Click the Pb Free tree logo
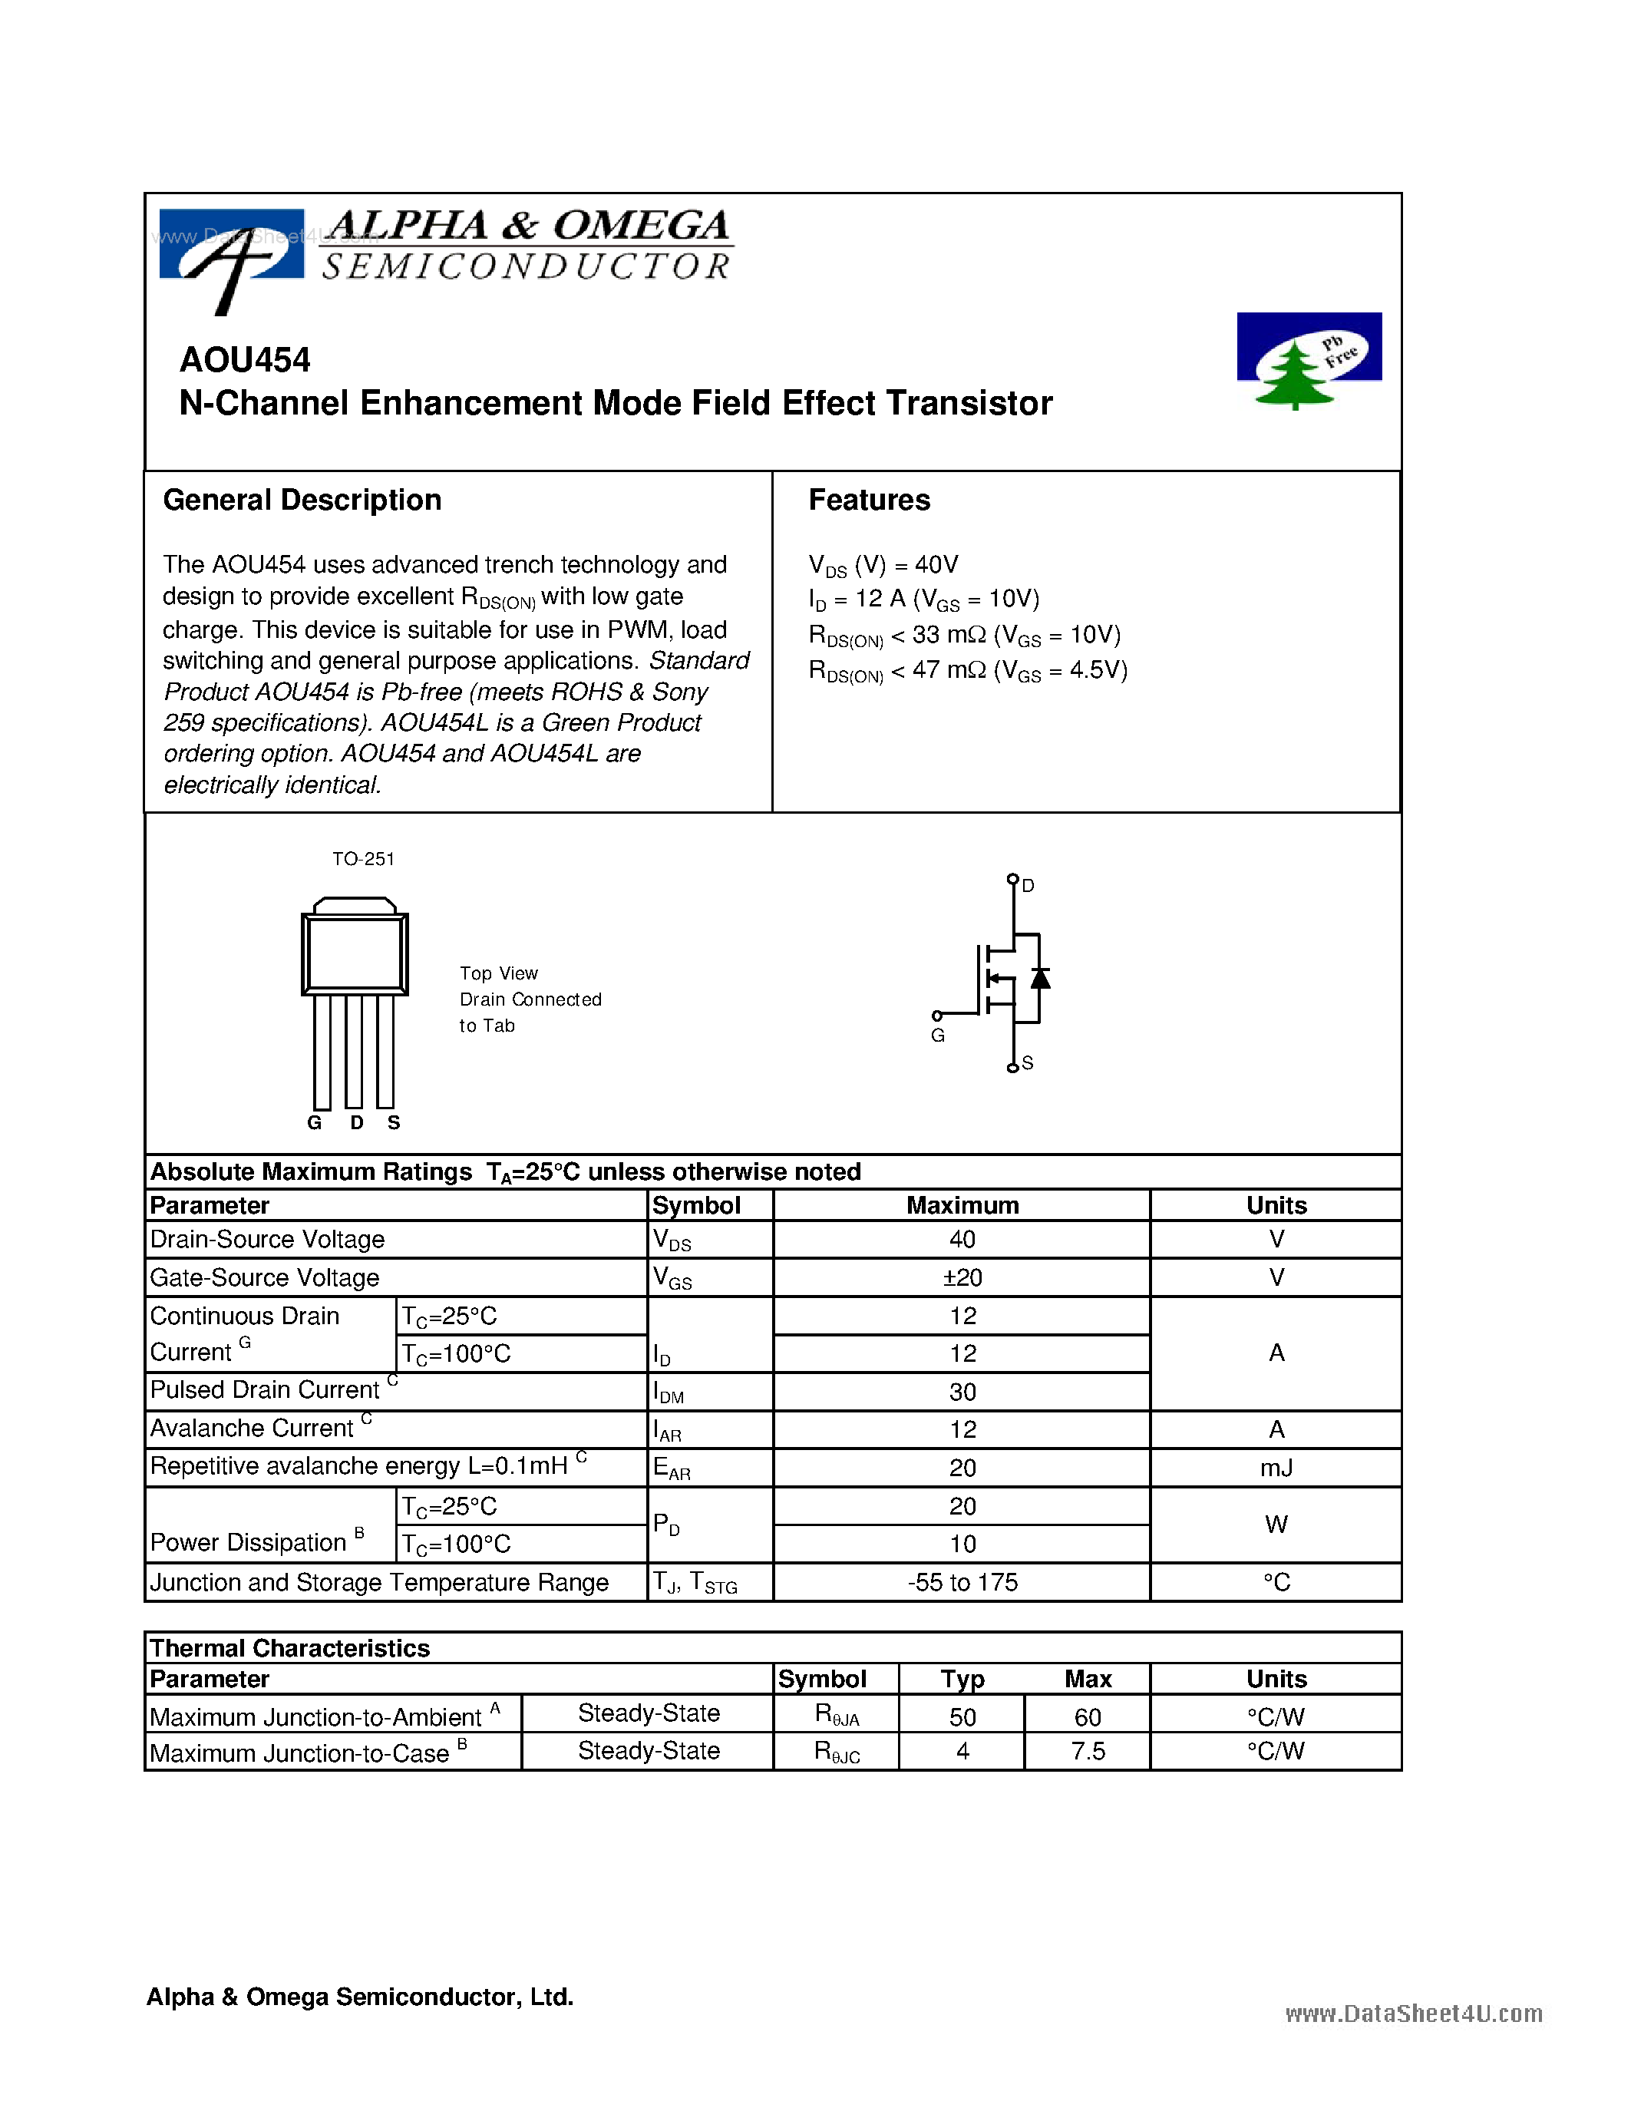pyautogui.click(x=1309, y=359)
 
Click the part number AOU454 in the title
pyautogui.click(x=244, y=359)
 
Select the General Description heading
pyautogui.click(x=302, y=500)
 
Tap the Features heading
pyautogui.click(x=869, y=500)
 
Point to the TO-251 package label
pyautogui.click(x=363, y=858)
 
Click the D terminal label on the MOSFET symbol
pyautogui.click(x=1028, y=885)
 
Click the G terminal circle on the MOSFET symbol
pyautogui.click(x=936, y=1016)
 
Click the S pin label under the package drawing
pyautogui.click(x=393, y=1122)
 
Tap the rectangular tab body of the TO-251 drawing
pyautogui.click(x=355, y=953)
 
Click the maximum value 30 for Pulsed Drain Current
pyautogui.click(x=962, y=1392)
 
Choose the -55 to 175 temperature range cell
pyautogui.click(x=962, y=1582)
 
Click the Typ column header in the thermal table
pyautogui.click(x=962, y=1679)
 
